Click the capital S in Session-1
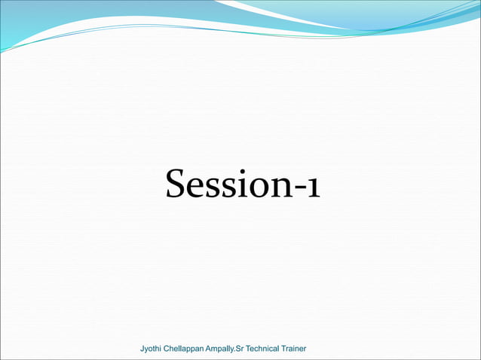click(x=176, y=185)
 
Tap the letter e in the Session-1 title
click(x=195, y=188)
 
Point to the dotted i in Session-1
click(x=239, y=185)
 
